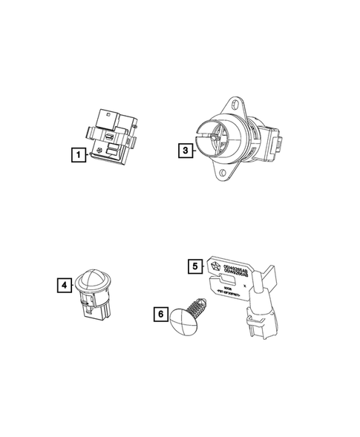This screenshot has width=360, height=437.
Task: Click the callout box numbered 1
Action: click(x=75, y=154)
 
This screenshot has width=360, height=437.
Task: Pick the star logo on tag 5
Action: click(x=210, y=265)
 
